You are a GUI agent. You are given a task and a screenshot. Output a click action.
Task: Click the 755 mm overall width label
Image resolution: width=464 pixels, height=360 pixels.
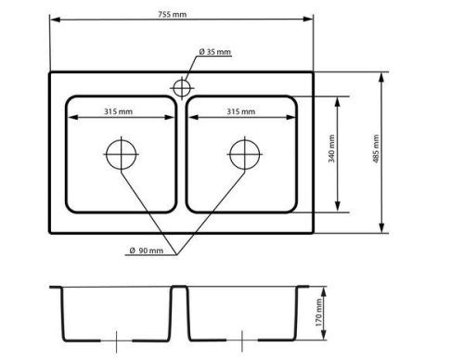pyautogui.click(x=173, y=14)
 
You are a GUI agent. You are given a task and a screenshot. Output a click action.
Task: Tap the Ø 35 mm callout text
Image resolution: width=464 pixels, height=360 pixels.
pyautogui.click(x=215, y=52)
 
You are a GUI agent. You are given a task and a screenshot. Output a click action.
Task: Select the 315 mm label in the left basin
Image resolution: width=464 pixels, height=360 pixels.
pyautogui.click(x=118, y=111)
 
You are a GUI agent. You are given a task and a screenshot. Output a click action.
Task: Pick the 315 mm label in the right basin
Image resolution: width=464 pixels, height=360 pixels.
pyautogui.click(x=241, y=111)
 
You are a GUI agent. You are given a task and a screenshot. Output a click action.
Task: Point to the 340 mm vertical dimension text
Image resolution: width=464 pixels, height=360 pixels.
pyautogui.click(x=331, y=148)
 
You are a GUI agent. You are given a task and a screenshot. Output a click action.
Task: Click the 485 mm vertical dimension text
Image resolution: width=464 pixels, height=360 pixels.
pyautogui.click(x=376, y=148)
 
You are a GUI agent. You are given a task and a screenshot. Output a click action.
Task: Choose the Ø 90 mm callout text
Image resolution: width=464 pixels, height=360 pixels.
pyautogui.click(x=147, y=251)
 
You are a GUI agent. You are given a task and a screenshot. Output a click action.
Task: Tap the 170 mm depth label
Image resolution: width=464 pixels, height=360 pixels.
pyautogui.click(x=318, y=312)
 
